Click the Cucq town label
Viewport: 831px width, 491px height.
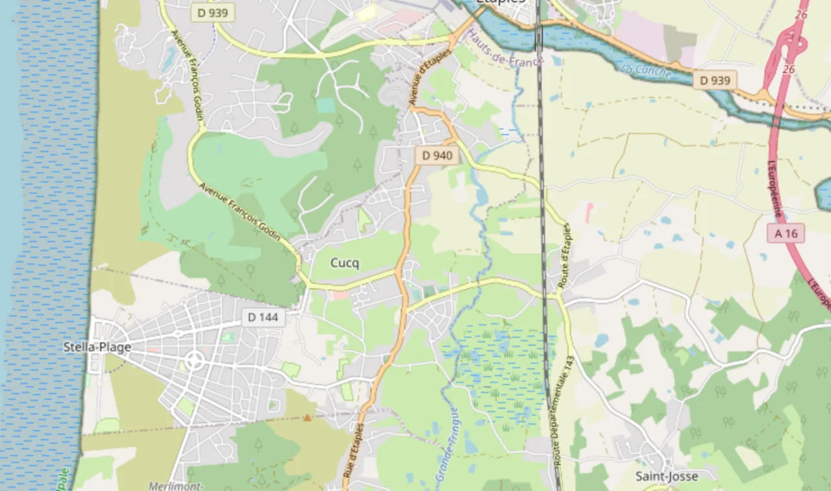click(345, 263)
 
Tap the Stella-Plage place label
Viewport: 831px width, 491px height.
click(97, 347)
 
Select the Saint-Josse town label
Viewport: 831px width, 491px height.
click(667, 476)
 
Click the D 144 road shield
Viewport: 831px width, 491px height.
click(263, 318)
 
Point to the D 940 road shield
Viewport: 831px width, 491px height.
click(437, 155)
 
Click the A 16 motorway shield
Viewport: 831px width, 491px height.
click(786, 233)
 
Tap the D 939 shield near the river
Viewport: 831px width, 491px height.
click(715, 81)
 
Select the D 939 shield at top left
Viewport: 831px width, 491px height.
click(213, 12)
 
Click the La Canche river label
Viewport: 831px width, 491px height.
click(645, 70)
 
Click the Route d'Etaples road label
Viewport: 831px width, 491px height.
click(564, 257)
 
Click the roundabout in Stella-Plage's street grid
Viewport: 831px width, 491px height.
click(194, 360)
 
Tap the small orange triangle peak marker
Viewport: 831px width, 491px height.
click(307, 418)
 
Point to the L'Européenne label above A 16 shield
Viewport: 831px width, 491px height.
click(775, 189)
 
